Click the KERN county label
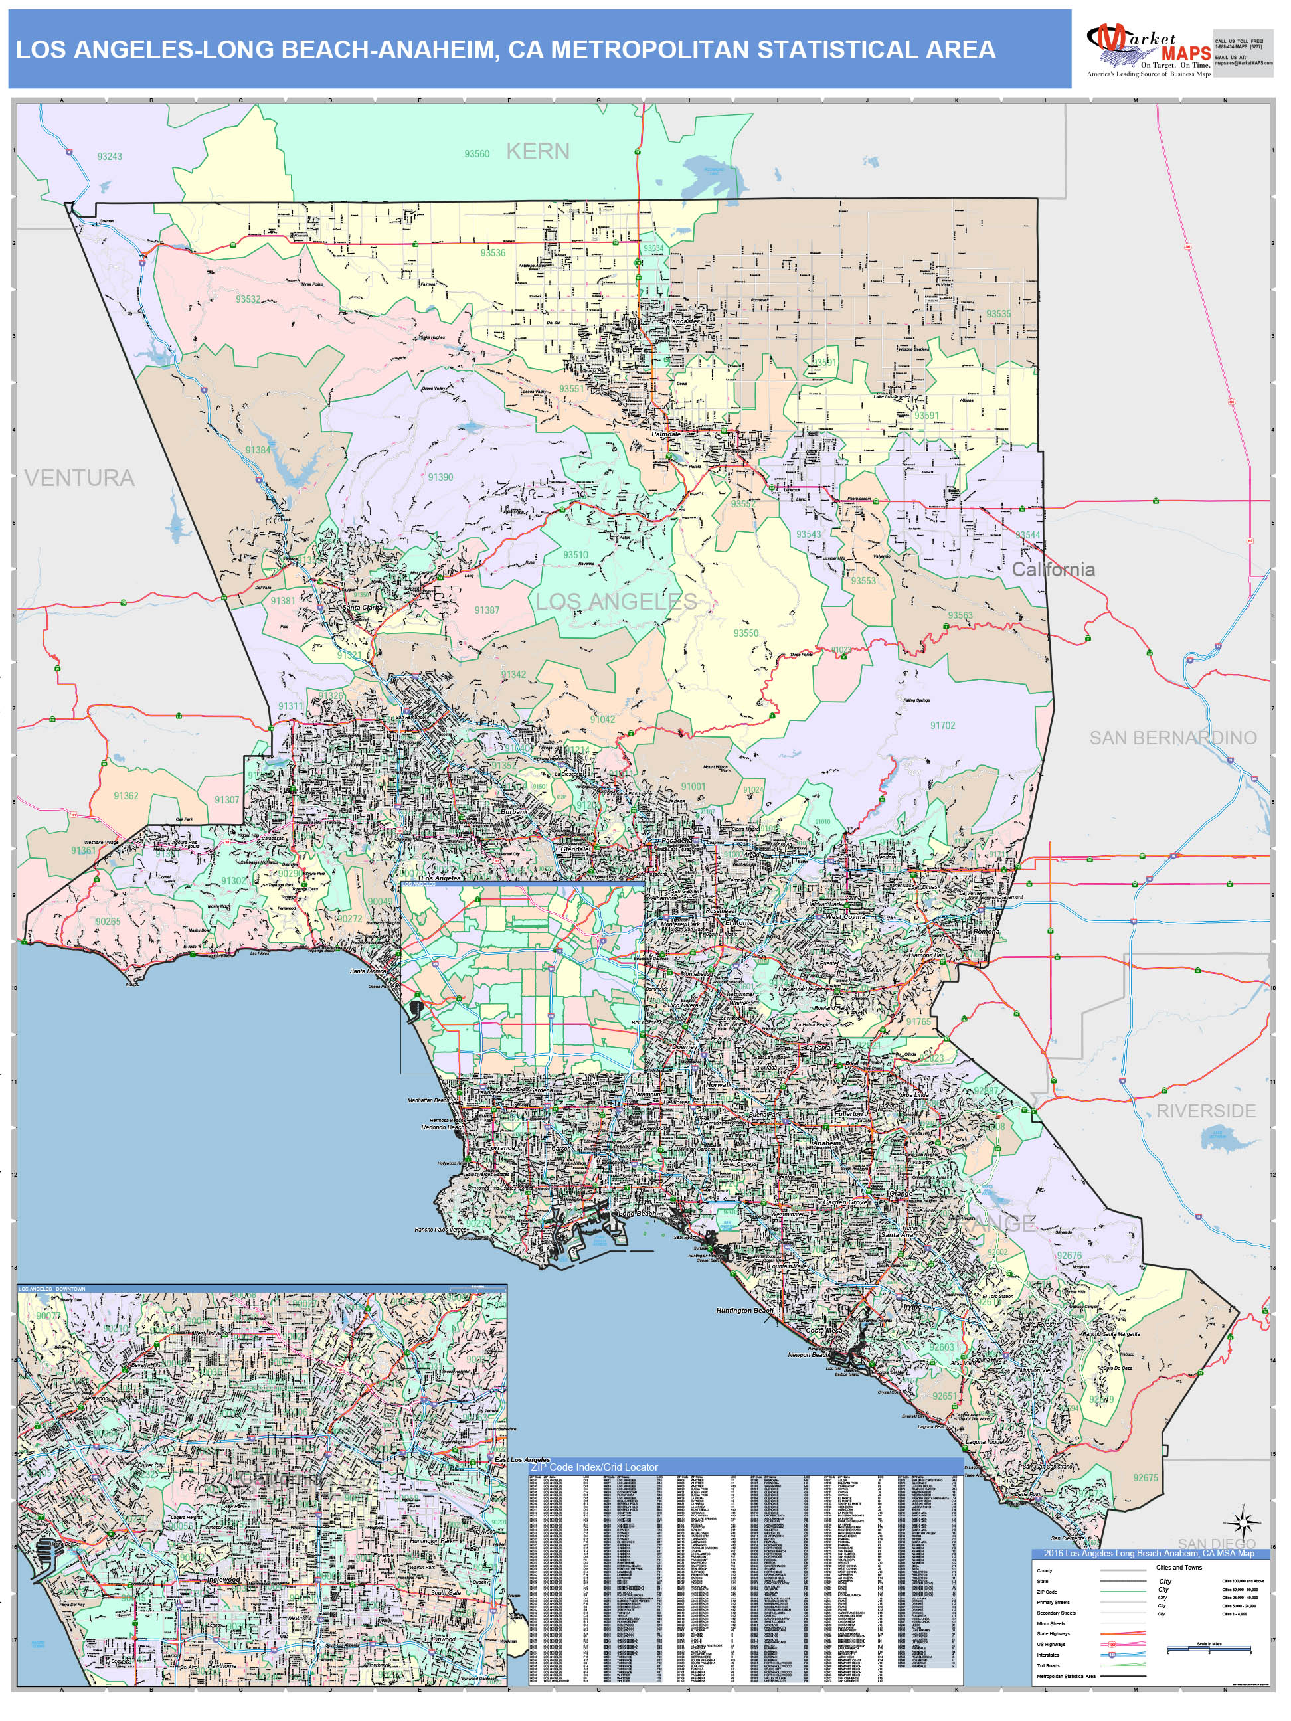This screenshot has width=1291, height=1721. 538,151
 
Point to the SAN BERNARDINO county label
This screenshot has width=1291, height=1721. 1173,738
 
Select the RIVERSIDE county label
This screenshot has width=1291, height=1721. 1205,1111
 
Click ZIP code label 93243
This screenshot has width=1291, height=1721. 110,157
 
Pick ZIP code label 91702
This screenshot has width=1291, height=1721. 942,726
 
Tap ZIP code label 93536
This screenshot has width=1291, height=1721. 493,253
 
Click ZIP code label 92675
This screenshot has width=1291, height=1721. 1146,1477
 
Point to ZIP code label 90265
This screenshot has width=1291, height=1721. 108,921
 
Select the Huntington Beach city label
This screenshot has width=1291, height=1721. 744,1310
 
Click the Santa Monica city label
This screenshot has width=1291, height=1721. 367,971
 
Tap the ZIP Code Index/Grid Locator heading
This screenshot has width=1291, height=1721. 594,1467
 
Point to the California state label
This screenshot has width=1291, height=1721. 1053,570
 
